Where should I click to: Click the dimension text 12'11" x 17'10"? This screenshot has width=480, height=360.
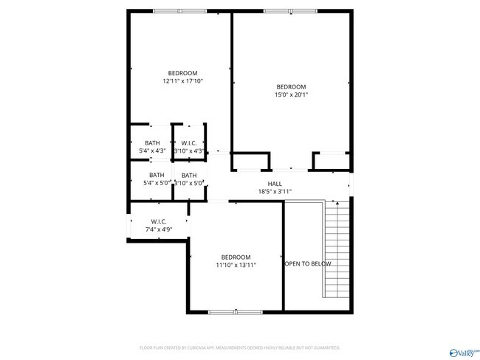click(x=182, y=81)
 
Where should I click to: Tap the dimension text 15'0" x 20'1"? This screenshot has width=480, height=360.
click(x=291, y=94)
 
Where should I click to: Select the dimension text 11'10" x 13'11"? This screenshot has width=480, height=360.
click(x=236, y=265)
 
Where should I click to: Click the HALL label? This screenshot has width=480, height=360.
click(x=275, y=184)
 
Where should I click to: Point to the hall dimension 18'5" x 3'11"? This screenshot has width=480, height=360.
click(x=275, y=192)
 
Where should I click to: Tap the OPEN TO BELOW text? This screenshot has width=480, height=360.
click(x=308, y=263)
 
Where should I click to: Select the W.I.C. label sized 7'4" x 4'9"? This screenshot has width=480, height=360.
click(x=158, y=221)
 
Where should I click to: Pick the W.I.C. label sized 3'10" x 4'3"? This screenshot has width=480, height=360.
click(x=188, y=143)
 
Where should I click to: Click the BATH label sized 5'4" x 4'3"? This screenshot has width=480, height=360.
click(x=151, y=143)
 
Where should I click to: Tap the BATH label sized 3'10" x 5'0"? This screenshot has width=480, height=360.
click(x=189, y=175)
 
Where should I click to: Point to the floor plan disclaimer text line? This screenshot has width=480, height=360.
click(x=239, y=347)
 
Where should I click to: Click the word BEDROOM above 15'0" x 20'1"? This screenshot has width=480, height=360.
click(x=291, y=86)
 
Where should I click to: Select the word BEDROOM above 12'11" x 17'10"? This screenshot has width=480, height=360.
click(x=182, y=73)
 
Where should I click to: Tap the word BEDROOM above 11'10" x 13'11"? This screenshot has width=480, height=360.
click(x=236, y=257)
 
